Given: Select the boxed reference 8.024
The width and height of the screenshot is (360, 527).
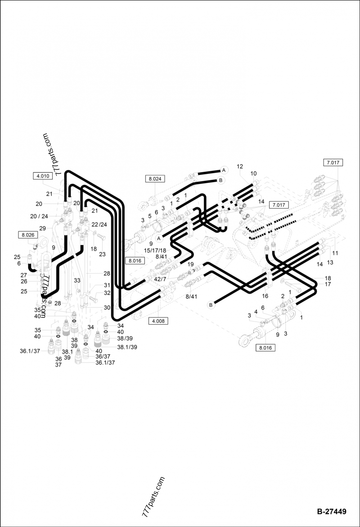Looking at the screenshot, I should tap(155, 179).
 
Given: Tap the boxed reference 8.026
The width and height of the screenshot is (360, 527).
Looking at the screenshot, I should tap(27, 234).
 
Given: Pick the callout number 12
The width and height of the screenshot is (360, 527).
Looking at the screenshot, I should tap(240, 167).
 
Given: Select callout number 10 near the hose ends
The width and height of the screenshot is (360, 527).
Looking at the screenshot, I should tap(253, 174).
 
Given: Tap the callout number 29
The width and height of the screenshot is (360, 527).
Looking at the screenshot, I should tap(42, 228).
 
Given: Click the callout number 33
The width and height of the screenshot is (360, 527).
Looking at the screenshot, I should tap(77, 280).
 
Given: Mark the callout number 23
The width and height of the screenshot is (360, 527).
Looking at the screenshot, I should tap(102, 254).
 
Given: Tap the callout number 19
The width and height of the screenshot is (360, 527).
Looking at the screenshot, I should tap(190, 264).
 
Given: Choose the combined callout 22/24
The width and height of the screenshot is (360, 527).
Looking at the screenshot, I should tap(99, 224).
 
